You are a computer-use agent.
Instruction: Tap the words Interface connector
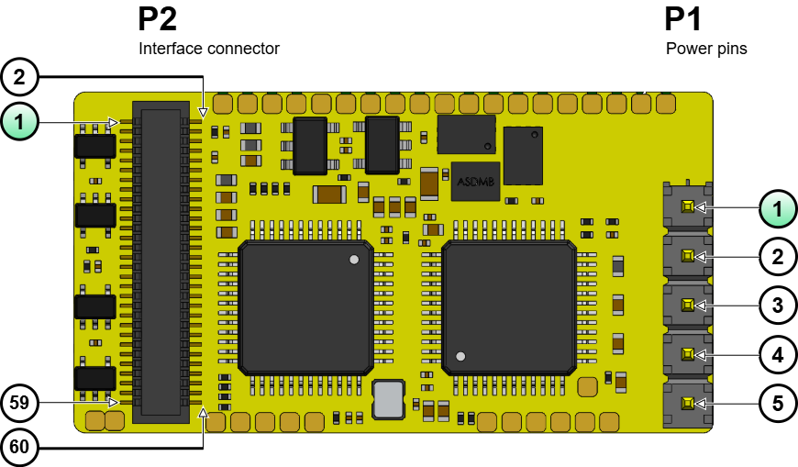point(208,49)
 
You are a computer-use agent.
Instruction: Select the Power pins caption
point(705,49)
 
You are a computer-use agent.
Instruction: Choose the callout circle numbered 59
point(19,402)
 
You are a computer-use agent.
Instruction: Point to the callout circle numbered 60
point(19,447)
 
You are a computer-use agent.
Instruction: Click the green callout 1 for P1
point(778,208)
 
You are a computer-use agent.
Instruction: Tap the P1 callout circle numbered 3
point(778,306)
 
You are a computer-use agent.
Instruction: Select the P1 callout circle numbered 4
point(778,354)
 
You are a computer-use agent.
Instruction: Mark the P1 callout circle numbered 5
point(778,402)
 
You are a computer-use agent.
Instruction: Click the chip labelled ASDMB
point(475,181)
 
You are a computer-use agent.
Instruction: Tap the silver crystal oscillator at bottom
point(388,400)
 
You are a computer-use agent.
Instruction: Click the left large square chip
point(305,306)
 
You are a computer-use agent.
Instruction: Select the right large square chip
point(509,306)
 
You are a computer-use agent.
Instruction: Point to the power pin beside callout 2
point(687,257)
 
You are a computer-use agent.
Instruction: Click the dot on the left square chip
point(353,261)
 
